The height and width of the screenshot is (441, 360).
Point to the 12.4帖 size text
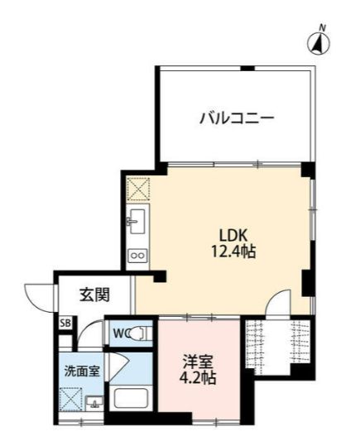pos(232,251)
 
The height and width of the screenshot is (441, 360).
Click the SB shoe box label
pos(65,323)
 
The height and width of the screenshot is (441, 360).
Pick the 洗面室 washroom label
pos(83,371)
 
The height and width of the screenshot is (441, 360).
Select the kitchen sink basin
pos(137,222)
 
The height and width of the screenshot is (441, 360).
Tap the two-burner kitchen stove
pos(137,256)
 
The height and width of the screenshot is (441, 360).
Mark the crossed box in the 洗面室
pos(72,400)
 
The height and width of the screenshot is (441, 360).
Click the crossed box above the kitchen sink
pos(137,189)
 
